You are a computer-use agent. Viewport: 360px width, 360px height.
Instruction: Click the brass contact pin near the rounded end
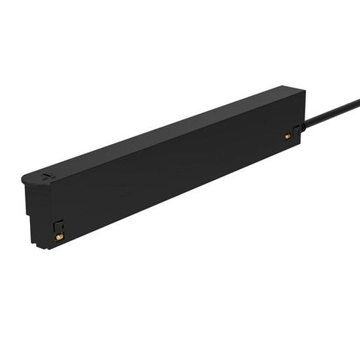[58, 235]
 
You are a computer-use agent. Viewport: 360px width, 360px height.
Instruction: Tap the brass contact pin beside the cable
[287, 136]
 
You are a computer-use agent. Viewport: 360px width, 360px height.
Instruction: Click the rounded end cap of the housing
[34, 180]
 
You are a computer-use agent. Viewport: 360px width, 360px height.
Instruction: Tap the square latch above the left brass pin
[58, 224]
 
